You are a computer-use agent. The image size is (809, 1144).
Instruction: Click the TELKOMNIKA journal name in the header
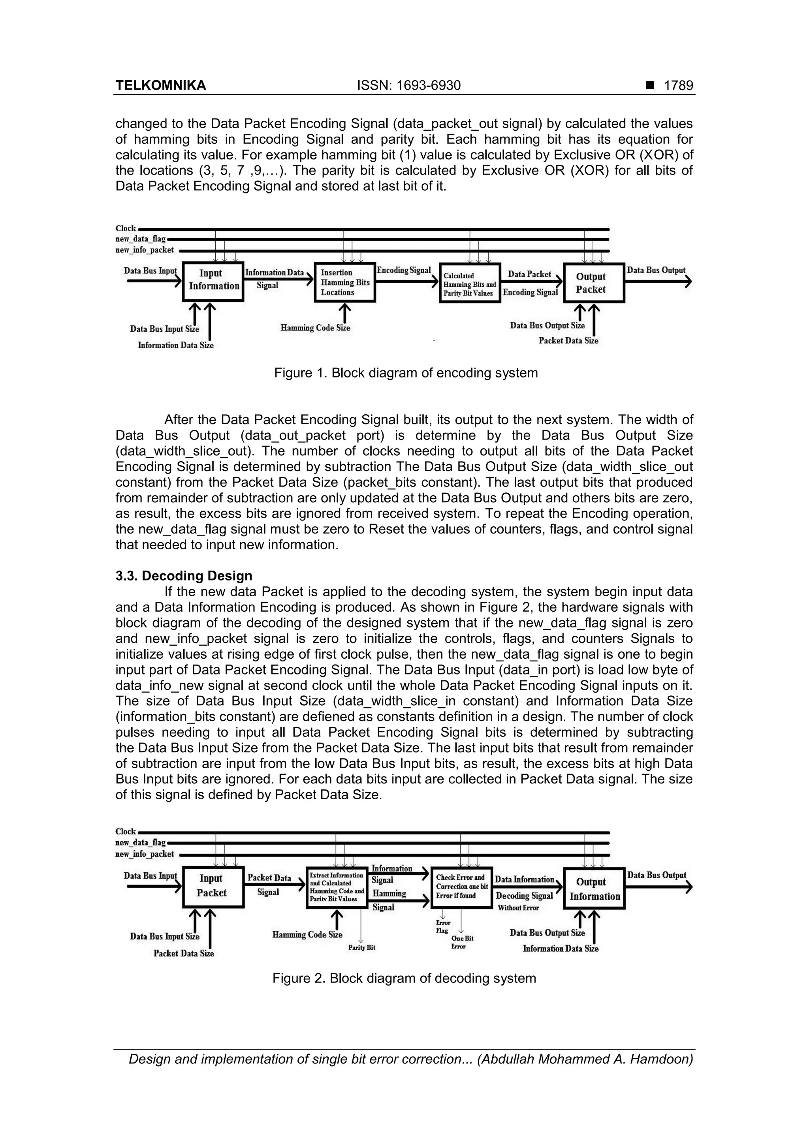160,86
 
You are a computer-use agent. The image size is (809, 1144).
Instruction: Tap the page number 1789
678,86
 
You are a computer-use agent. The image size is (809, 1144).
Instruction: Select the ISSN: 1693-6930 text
409,86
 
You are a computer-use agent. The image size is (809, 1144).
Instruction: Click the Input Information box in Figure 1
213,282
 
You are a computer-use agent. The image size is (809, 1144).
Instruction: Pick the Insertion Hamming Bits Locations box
344,282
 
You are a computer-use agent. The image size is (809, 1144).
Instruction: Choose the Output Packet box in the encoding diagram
593,283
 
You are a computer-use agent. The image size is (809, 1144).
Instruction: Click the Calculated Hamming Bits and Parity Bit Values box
470,284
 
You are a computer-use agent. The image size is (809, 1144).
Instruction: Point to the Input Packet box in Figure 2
213,887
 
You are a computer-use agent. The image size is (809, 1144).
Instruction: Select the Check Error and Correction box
461,887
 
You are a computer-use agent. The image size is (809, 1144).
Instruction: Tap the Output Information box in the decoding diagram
594,889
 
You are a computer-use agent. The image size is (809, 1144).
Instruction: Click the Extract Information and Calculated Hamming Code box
337,887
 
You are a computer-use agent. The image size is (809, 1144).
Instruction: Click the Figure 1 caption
406,373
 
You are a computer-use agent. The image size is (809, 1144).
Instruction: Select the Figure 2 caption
404,978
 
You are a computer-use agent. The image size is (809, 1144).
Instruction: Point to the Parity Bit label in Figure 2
361,947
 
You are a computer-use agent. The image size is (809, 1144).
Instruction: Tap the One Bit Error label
461,942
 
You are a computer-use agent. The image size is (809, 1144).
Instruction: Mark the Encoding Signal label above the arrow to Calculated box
403,270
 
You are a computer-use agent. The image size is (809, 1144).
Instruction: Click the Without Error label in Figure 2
518,908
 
